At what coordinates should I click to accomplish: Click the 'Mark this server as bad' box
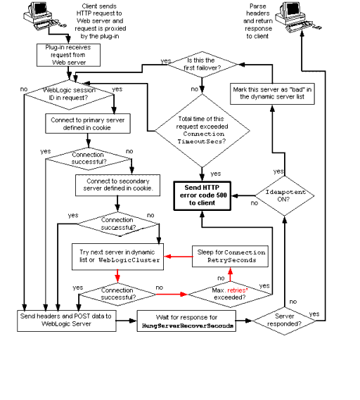273,94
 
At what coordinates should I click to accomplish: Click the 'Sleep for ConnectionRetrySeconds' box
231,256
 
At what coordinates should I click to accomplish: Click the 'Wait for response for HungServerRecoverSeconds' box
186,320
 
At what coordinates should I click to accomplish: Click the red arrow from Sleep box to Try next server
179,255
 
